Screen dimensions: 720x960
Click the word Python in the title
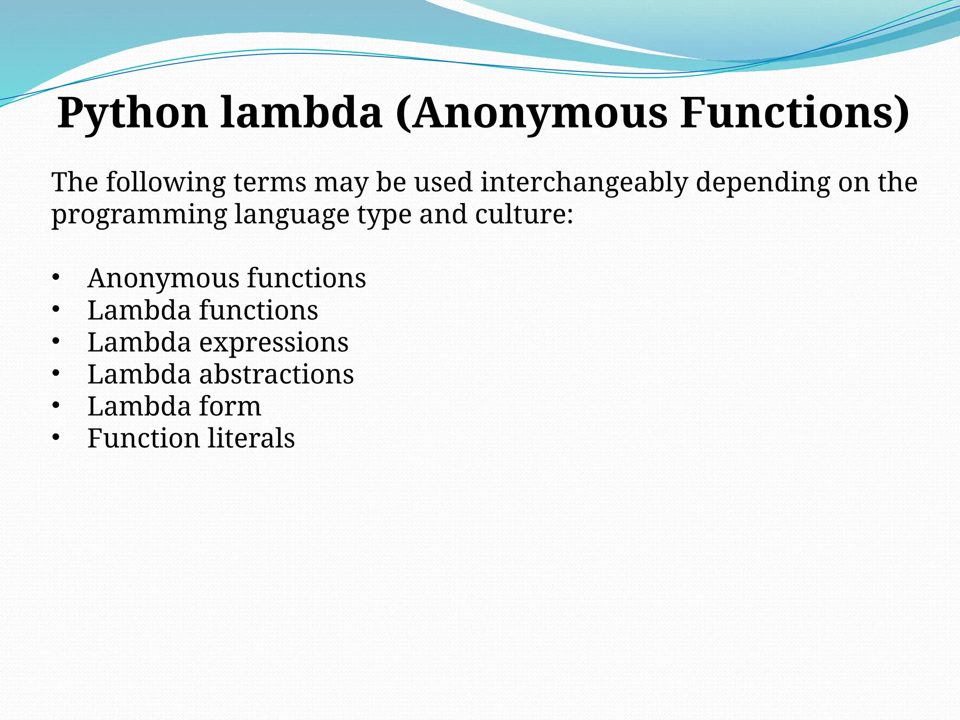point(133,113)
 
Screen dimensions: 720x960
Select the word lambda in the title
point(301,113)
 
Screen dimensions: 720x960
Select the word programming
point(139,215)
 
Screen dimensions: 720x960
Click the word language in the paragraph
point(292,215)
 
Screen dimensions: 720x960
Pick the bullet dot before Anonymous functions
point(56,277)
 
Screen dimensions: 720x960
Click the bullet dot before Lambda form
point(56,405)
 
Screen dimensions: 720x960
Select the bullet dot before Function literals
point(56,438)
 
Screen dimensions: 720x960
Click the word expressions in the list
point(274,343)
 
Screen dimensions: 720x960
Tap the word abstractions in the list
point(277,374)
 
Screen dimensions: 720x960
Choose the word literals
point(251,438)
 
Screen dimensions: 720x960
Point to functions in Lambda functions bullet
point(259,310)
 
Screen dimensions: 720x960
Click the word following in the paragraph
point(165,182)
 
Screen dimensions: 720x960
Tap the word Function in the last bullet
point(143,438)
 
